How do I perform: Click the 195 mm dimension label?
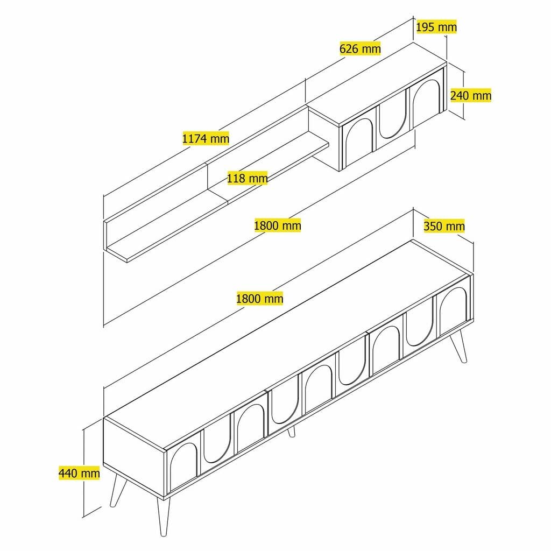coord(436,26)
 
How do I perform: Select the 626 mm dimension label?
coord(360,48)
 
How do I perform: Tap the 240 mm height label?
coord(470,95)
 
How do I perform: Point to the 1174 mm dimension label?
coord(206,138)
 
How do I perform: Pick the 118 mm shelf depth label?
coord(247,178)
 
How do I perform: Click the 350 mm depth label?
coord(444,226)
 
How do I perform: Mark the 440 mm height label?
coord(79,474)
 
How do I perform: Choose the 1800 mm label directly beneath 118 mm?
coord(277,225)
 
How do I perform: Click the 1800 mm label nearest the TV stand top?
coord(259,298)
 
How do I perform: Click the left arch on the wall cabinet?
coord(356,141)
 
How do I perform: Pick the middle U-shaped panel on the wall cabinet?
coord(391,119)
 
